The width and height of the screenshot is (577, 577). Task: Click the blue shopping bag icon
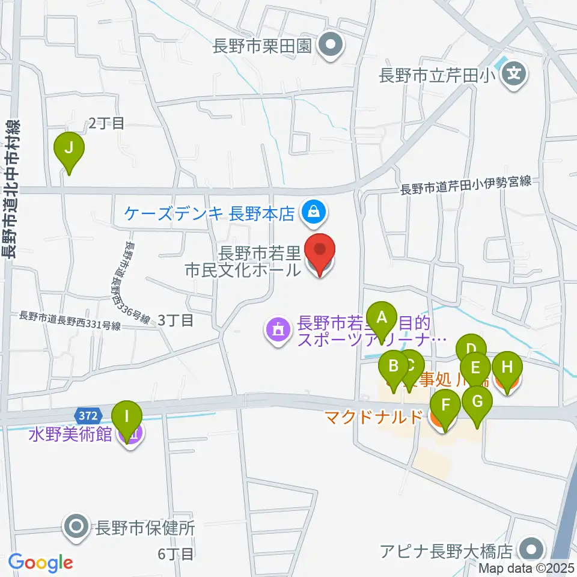[313, 212]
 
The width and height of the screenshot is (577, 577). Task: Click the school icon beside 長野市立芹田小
[514, 76]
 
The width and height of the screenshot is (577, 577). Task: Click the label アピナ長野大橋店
[445, 550]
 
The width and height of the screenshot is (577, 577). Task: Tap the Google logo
[40, 563]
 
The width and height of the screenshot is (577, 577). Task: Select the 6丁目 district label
[176, 554]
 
